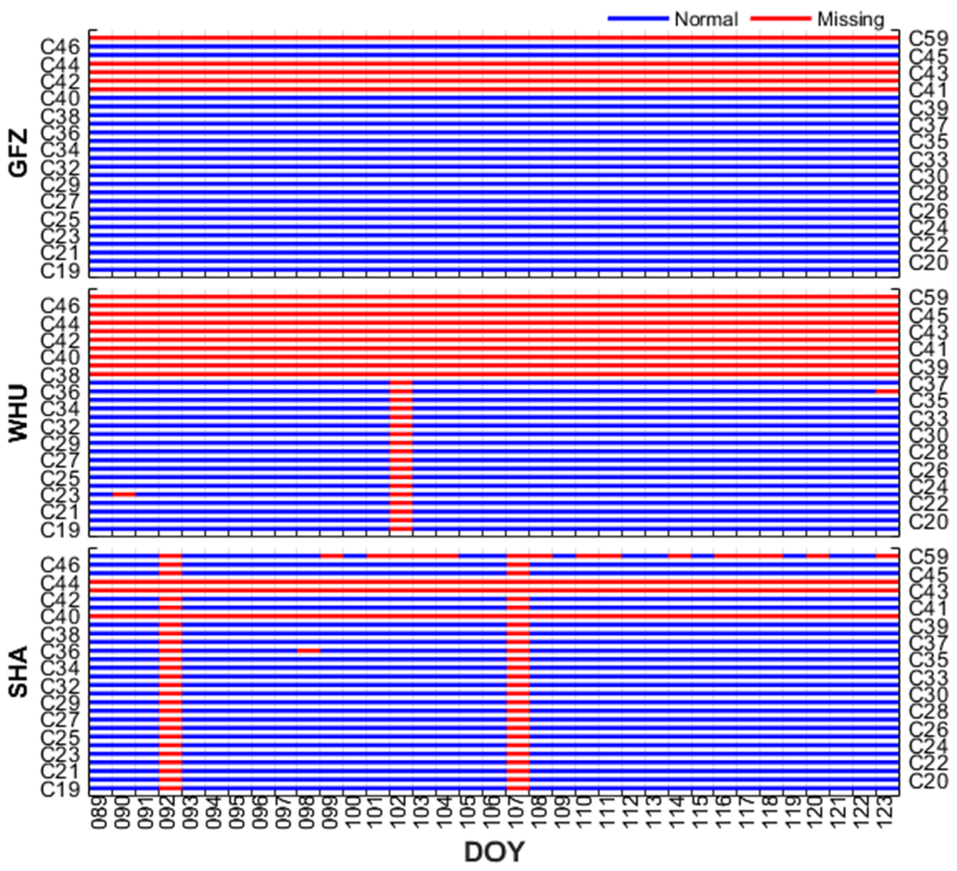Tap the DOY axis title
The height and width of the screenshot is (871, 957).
pos(494,852)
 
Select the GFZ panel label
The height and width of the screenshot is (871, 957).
pos(19,153)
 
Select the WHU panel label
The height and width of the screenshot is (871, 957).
pos(19,413)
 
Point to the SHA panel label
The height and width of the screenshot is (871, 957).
pos(19,671)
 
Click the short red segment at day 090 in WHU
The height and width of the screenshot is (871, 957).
pos(124,494)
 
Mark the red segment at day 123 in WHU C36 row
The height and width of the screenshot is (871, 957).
pos(887,391)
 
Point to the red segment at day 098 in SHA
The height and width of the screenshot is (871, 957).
pos(309,651)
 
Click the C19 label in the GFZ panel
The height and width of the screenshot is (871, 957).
pos(60,271)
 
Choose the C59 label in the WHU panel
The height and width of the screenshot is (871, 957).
pos(928,298)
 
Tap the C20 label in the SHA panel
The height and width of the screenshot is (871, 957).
pos(928,781)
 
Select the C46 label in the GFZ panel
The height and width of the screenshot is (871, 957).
pos(60,46)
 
